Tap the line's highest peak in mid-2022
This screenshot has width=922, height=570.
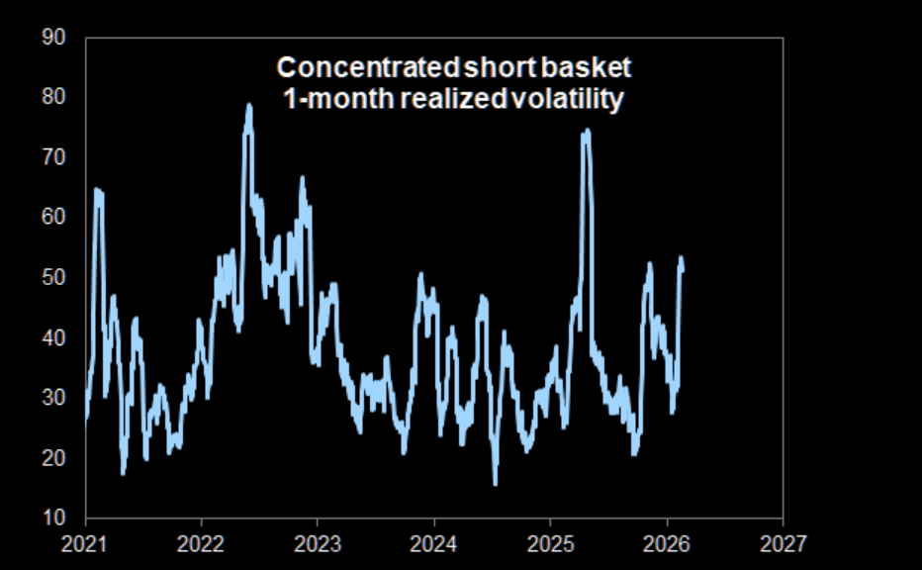click(249, 105)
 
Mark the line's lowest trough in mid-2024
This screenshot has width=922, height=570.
click(495, 483)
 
